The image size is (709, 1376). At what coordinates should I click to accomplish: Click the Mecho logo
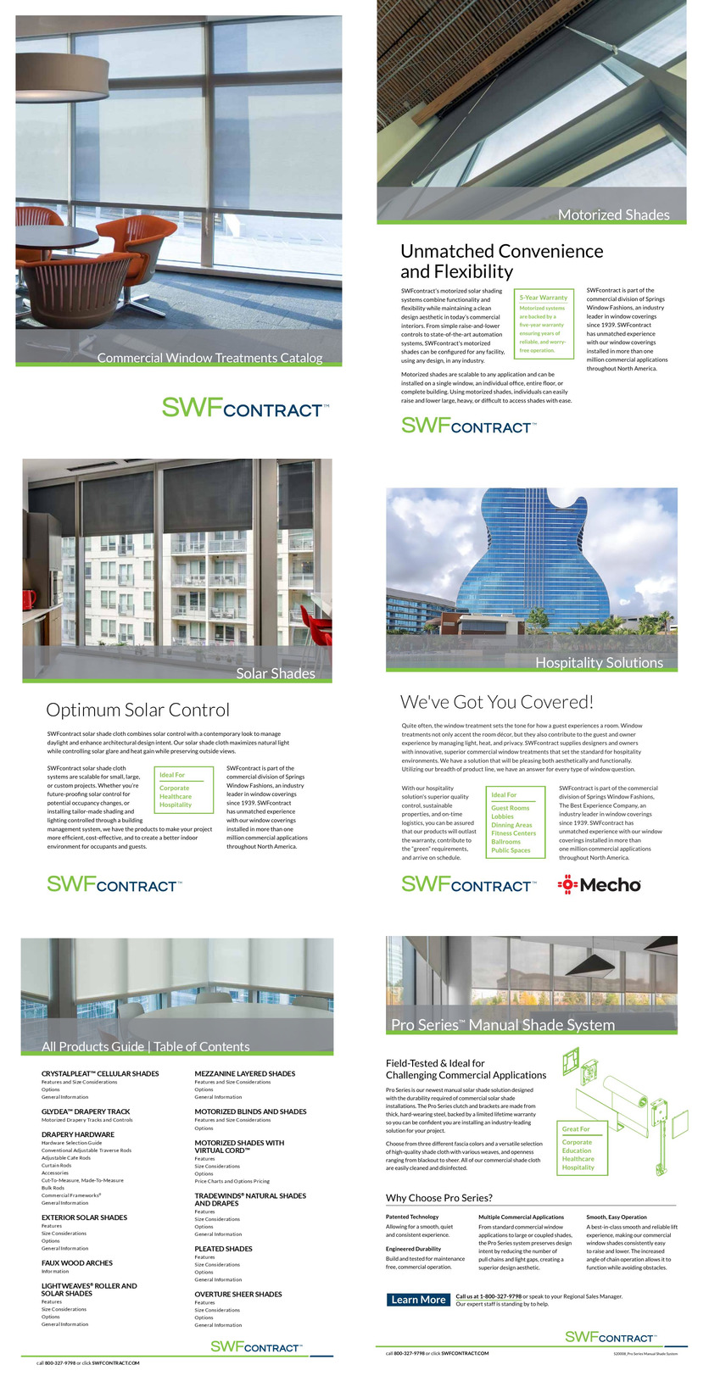599,885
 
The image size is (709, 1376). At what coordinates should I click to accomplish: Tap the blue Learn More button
418,1300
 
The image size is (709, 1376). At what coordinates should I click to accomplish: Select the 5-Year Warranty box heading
543,298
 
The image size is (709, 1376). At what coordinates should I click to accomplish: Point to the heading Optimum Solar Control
137,710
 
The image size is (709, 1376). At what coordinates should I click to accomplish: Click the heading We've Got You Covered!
496,702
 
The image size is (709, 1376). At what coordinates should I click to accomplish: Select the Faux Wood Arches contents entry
77,1262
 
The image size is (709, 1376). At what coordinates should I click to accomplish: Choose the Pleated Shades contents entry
223,1248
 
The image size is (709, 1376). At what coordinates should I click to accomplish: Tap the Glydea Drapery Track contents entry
86,1111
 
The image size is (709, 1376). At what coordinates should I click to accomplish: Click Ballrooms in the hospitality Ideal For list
505,842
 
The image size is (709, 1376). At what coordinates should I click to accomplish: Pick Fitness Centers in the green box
513,833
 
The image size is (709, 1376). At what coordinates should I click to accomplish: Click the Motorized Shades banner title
613,215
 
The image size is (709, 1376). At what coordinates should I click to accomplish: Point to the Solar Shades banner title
275,673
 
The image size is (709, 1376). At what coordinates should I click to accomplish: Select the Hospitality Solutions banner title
598,663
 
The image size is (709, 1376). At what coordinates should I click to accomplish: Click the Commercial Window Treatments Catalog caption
209,358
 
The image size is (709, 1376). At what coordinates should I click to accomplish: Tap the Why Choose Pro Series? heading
438,1198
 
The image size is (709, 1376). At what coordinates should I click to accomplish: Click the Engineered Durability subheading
413,1249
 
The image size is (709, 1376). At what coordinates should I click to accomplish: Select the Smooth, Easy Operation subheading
616,1217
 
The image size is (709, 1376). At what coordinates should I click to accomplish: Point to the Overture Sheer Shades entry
238,1294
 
